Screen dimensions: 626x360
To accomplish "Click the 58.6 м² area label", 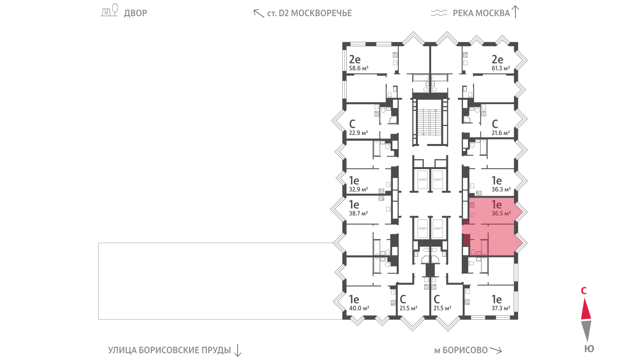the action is pos(358,68).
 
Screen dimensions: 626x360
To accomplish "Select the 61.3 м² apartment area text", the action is pos(501,68).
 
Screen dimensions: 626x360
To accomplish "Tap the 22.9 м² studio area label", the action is pos(358,133).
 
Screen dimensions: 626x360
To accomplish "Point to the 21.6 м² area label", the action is pos(501,133).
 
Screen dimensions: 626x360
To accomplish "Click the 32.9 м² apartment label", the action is pos(358,189).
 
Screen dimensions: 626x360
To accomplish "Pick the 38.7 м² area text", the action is pos(358,214).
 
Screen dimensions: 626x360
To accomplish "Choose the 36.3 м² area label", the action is pos(501,189).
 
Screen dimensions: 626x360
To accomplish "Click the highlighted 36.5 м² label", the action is pos(501,214).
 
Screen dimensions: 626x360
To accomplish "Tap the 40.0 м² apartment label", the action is pos(359,308).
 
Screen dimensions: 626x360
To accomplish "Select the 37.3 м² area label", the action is pos(501,308).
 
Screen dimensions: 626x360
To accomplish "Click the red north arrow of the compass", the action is pos(586,309).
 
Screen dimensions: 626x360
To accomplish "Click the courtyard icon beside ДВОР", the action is pos(110,10).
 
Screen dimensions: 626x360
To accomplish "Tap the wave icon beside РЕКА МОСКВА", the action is pos(439,13).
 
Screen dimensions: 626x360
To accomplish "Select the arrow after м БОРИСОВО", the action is pos(496,350).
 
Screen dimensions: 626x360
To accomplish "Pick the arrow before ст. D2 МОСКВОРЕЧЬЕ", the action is pos(259,13).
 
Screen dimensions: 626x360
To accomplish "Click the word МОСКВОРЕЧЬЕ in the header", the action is pos(321,13).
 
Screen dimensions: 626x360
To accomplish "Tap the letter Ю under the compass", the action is pos(589,349).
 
